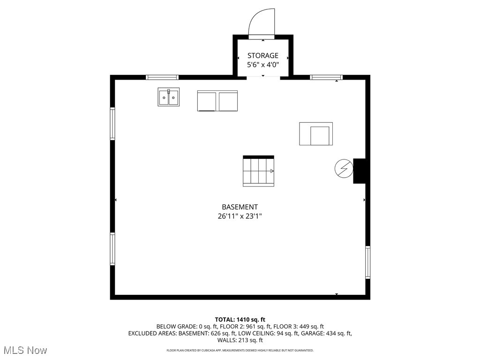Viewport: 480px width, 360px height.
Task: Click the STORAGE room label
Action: (x=263, y=55)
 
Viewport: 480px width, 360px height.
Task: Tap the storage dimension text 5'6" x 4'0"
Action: (x=263, y=65)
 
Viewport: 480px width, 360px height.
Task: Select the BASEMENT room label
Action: (x=240, y=207)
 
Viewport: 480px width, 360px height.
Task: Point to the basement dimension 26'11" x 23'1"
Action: (x=240, y=216)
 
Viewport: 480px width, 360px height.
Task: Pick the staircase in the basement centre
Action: (x=258, y=171)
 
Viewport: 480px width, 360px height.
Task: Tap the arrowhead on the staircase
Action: (x=272, y=171)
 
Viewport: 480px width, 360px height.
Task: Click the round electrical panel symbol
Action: (x=344, y=168)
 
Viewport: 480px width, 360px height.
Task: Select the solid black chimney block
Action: (x=360, y=171)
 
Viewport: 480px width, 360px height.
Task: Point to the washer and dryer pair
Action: (x=217, y=101)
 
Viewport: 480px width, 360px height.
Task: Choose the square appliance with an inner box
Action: (x=316, y=134)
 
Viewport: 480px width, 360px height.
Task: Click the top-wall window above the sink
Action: (x=162, y=77)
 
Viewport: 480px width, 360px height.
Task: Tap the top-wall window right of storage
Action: (x=326, y=77)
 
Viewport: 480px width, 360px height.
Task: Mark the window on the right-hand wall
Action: (x=367, y=262)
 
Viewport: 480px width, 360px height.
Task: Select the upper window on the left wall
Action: (x=112, y=124)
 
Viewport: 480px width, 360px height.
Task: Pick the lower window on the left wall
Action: (x=112, y=249)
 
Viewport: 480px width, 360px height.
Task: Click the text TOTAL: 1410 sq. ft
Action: (x=240, y=319)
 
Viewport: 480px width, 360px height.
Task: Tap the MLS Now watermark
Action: (x=25, y=350)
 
